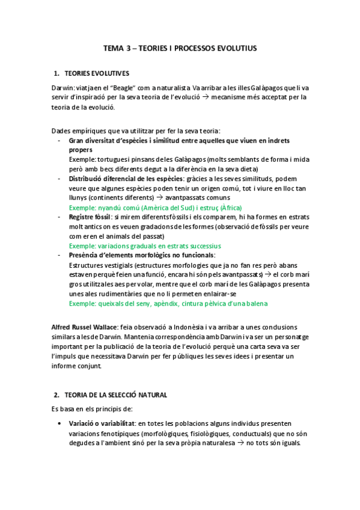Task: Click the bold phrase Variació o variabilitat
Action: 102,423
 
